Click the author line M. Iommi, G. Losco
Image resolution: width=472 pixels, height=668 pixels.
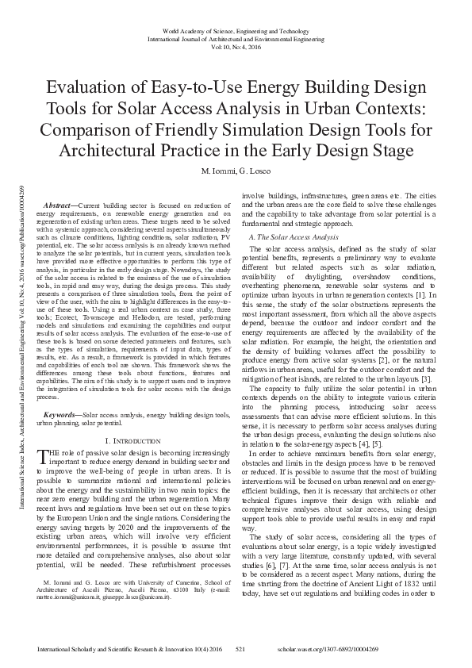click(236, 172)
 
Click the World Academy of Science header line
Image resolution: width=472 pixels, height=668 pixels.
click(236, 28)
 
